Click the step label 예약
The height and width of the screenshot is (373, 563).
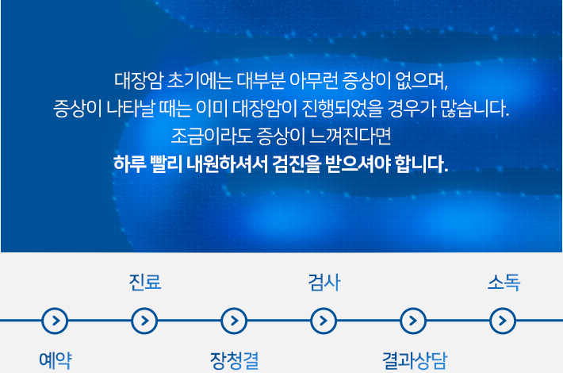coord(56,360)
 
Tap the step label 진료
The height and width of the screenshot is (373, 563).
coord(145,282)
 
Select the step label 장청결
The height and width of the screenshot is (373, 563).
coord(234,361)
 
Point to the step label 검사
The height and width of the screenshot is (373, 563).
coord(324,282)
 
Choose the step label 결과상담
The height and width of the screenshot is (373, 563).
coord(415,361)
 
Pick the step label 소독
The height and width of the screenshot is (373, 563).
coord(504,282)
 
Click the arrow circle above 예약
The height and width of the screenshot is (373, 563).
coord(55,321)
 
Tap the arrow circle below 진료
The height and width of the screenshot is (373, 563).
coord(144,321)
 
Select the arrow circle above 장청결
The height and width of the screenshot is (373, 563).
coord(234,321)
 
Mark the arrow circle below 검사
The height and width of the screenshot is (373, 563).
coord(324,321)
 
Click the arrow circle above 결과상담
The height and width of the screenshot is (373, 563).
coord(413,321)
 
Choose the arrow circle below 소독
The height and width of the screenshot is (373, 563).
coord(503,321)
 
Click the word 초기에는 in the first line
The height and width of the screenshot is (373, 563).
coord(200,81)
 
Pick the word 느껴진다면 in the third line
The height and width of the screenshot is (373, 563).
coord(350,137)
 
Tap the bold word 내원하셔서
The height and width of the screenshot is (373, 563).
coord(227,163)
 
